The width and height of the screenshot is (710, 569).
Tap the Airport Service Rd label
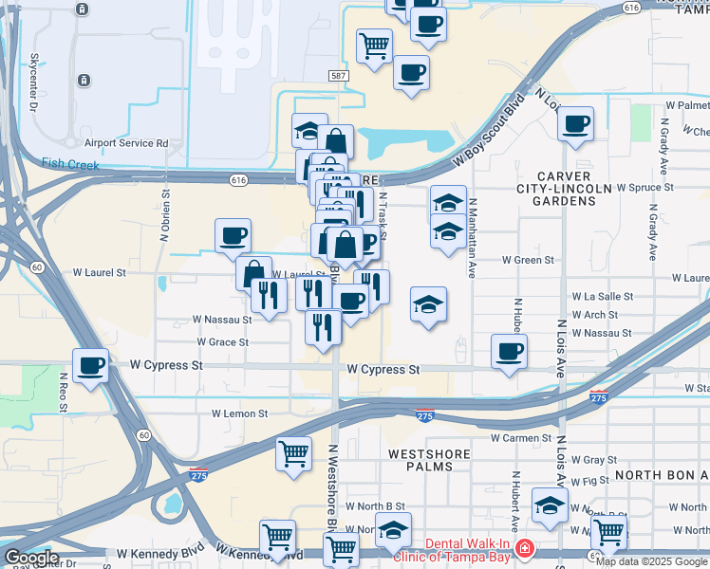(125, 143)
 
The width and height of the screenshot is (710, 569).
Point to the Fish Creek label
(70, 163)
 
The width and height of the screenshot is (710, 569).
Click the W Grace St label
(223, 341)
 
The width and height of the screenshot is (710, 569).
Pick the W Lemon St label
(240, 413)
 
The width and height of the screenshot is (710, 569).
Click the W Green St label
(528, 260)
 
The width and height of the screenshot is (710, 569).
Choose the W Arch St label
(594, 315)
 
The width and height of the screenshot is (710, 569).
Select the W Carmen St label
(521, 438)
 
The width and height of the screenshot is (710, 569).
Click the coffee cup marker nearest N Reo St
(91, 365)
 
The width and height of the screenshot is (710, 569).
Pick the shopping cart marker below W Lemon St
(294, 451)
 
